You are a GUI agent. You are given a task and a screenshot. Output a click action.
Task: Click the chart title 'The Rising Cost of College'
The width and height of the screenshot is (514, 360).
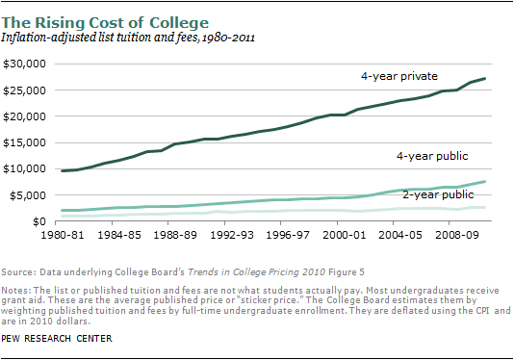[105, 23]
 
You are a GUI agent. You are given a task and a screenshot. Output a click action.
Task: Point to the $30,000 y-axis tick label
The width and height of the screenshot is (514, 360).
[25, 64]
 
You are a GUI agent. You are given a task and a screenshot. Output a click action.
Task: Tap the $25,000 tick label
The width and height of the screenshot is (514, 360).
[25, 90]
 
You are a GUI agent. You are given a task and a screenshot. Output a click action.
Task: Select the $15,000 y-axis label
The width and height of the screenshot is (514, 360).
[25, 142]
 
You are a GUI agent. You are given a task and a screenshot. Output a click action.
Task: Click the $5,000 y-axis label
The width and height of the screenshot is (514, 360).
[28, 195]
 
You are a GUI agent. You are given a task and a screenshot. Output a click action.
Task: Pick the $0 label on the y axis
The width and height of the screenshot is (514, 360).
[39, 221]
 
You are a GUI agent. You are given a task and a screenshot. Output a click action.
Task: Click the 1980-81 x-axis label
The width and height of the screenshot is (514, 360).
[63, 235]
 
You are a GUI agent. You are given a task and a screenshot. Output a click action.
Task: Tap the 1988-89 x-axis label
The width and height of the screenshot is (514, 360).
[175, 235]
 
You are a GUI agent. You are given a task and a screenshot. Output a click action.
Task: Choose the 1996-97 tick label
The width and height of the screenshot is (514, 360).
[288, 235]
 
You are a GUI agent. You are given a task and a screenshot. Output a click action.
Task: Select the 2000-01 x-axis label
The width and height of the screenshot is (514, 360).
[344, 235]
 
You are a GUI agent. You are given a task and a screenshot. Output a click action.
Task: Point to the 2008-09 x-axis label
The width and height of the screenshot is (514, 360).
[456, 235]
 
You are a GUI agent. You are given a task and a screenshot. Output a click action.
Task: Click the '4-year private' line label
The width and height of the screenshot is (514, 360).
[399, 76]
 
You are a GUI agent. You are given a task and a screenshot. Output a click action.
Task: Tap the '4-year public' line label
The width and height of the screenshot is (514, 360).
[432, 156]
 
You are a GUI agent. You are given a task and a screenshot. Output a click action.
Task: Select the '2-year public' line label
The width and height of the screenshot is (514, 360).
[438, 194]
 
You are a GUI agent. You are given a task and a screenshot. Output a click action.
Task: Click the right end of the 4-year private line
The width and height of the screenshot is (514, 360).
[484, 79]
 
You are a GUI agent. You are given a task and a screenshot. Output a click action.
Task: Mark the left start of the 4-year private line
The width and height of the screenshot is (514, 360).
[63, 170]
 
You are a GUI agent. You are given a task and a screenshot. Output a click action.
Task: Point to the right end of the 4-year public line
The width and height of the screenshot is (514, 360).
[484, 182]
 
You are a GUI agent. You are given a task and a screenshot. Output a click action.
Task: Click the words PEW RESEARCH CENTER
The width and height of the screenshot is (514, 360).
[57, 339]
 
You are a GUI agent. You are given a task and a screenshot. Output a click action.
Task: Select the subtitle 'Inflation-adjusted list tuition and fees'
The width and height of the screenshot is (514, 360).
[99, 38]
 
